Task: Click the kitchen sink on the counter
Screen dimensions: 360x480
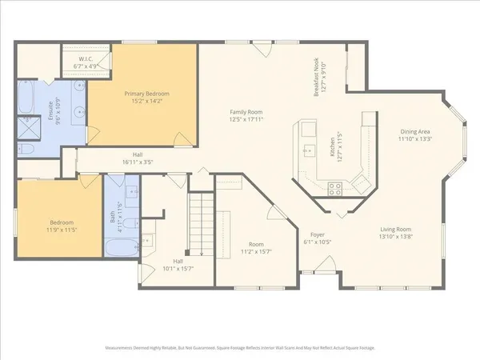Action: point(308,149)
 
